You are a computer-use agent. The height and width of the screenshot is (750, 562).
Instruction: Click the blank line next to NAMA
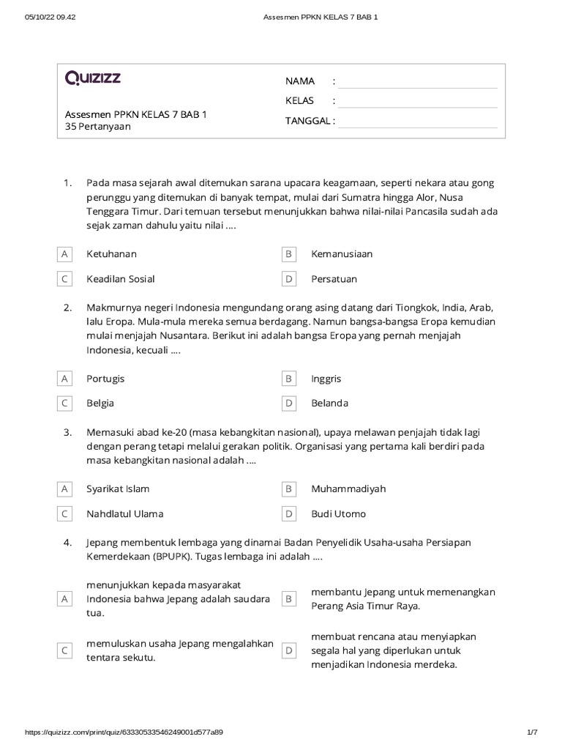(417, 81)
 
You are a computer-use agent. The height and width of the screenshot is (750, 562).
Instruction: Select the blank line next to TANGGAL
(417, 121)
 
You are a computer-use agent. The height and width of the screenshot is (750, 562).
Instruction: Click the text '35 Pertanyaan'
(98, 127)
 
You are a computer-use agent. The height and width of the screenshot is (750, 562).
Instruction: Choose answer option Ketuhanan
(111, 254)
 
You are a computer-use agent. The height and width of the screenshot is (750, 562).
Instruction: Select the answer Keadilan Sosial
(120, 279)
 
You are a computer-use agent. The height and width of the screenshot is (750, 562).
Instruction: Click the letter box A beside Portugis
(64, 379)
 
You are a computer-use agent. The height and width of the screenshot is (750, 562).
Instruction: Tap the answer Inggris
(326, 379)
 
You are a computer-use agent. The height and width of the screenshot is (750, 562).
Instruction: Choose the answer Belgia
(100, 403)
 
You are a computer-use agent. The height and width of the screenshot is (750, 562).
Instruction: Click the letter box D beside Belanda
(289, 403)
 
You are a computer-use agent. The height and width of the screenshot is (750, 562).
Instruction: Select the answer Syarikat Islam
(118, 489)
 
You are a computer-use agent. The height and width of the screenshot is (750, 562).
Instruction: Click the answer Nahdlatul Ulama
(124, 513)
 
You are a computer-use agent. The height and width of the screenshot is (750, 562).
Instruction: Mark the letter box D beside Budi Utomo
(289, 513)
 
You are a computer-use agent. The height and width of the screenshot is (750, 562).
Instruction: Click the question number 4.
(67, 543)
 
